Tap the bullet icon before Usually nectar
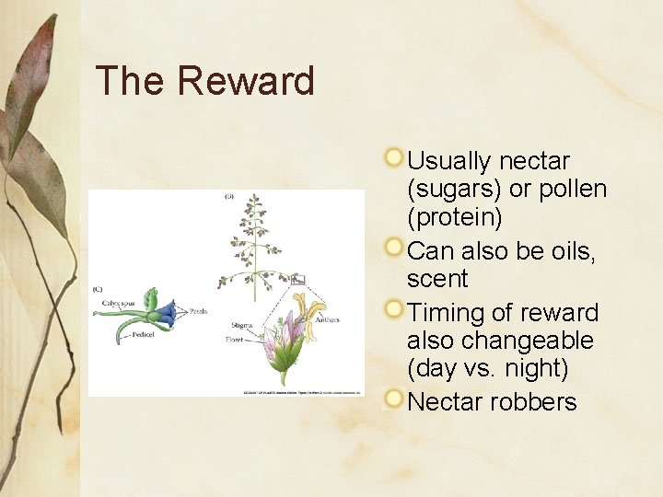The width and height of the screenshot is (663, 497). (394, 157)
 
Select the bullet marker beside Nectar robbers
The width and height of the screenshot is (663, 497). (394, 399)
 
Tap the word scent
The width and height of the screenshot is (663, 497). (437, 279)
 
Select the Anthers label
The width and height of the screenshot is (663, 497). (326, 320)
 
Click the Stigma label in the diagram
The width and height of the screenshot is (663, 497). (242, 326)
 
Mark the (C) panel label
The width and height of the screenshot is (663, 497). (98, 288)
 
